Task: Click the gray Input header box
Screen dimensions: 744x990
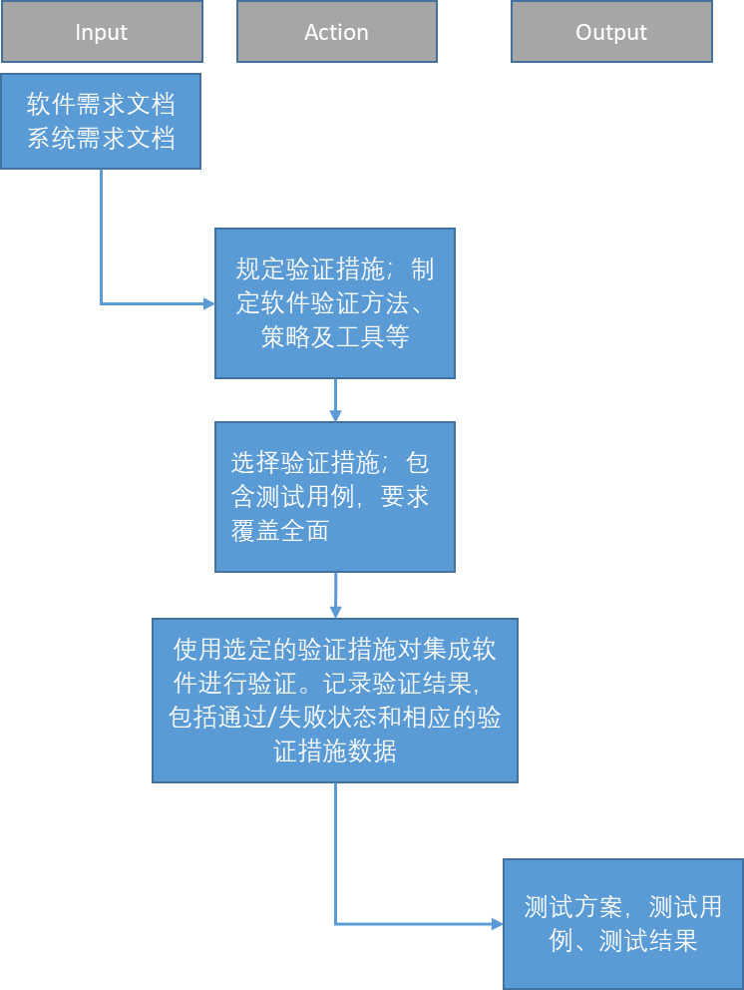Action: click(x=102, y=32)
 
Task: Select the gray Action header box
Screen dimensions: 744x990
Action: click(x=337, y=32)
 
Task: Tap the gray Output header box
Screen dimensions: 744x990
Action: click(x=611, y=32)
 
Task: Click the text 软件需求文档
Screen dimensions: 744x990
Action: click(x=101, y=104)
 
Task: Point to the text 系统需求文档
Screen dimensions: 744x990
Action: click(x=101, y=138)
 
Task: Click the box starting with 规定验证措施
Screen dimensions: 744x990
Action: click(x=335, y=303)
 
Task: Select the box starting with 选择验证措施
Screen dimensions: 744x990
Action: click(x=335, y=497)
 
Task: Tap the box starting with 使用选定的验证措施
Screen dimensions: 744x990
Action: click(x=335, y=701)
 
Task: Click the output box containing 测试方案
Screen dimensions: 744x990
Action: click(x=623, y=924)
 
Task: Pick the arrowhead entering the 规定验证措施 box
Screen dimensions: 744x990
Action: click(x=208, y=303)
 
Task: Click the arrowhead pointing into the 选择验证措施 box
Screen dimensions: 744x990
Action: click(x=335, y=415)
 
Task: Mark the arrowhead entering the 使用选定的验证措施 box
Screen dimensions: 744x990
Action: click(x=335, y=612)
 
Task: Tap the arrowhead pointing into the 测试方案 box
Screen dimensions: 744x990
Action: click(x=498, y=924)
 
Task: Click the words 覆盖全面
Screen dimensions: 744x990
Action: click(x=280, y=530)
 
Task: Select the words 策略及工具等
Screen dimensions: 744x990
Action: click(x=335, y=336)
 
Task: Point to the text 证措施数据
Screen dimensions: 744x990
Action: click(x=335, y=751)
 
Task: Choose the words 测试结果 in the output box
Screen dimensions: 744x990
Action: click(x=648, y=941)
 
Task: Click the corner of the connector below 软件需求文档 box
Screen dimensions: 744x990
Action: click(x=101, y=303)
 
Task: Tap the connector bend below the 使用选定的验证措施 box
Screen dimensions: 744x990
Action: click(x=335, y=924)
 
